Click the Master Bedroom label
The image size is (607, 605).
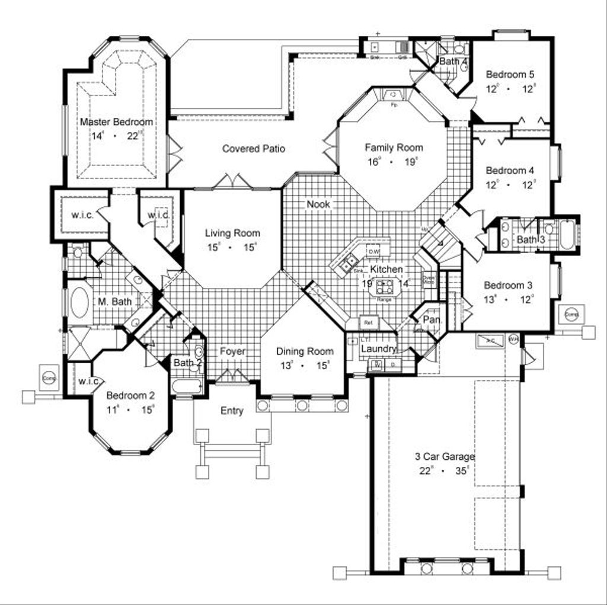pyautogui.click(x=116, y=122)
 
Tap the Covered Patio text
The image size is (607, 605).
pyautogui.click(x=254, y=149)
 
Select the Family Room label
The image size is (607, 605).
pyautogui.click(x=394, y=148)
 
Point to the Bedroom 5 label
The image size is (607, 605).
pyautogui.click(x=510, y=75)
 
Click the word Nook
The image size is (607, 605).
pyautogui.click(x=318, y=204)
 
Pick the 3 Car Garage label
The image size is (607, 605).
pyautogui.click(x=445, y=457)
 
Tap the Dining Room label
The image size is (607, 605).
pyautogui.click(x=305, y=351)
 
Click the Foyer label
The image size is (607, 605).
pyautogui.click(x=232, y=351)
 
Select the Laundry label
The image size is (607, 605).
pyautogui.click(x=378, y=349)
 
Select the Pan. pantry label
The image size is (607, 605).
pyautogui.click(x=432, y=319)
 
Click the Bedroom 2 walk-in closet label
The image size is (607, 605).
pyautogui.click(x=87, y=381)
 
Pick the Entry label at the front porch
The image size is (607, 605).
pyautogui.click(x=232, y=411)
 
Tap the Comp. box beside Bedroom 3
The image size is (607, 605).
pyautogui.click(x=573, y=314)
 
